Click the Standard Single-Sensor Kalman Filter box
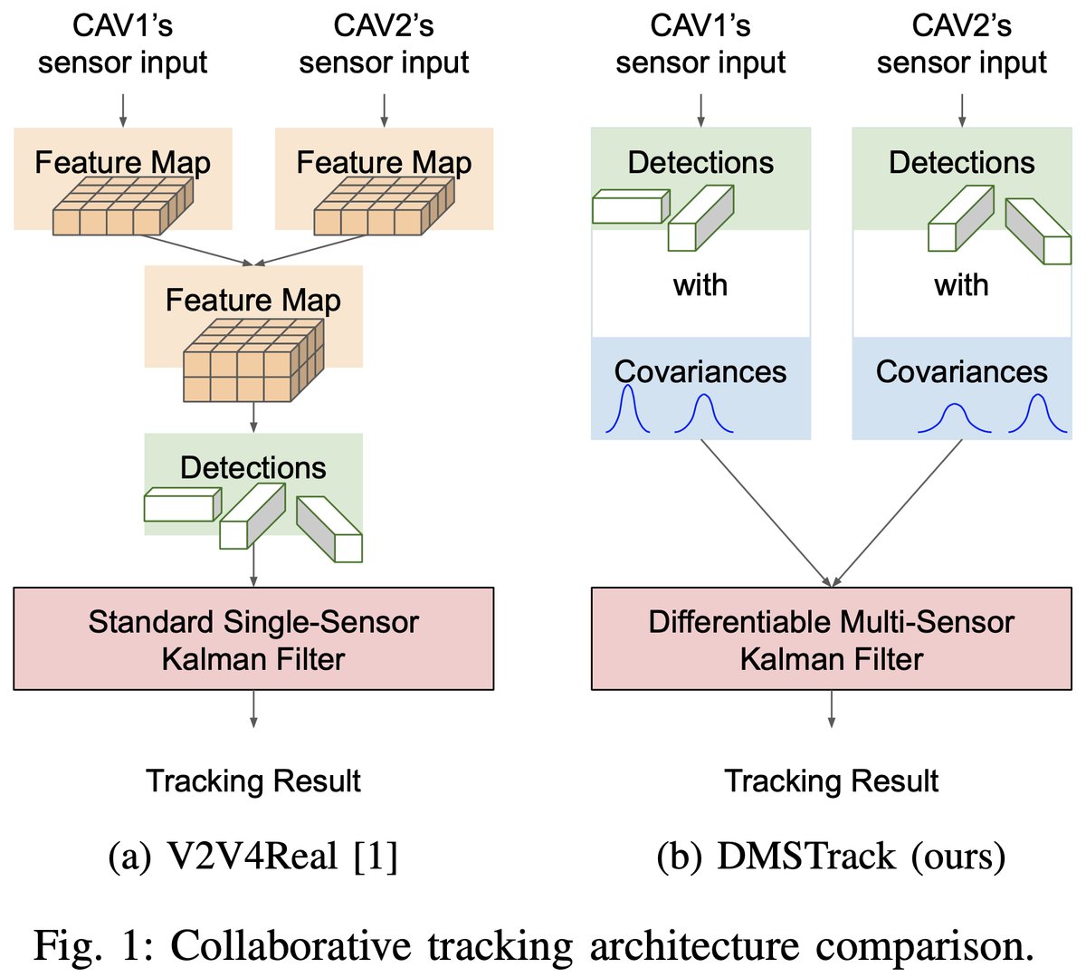pyautogui.click(x=253, y=639)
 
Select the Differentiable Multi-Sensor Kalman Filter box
pyautogui.click(x=831, y=639)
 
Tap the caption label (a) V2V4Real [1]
pyautogui.click(x=253, y=856)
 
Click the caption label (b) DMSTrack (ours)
pyautogui.click(x=831, y=856)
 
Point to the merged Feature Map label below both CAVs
pyautogui.click(x=253, y=300)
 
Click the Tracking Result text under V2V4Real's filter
pyautogui.click(x=253, y=781)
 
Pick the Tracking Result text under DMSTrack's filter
pyautogui.click(x=831, y=781)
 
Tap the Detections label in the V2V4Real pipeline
pyautogui.click(x=253, y=467)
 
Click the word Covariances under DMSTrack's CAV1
pyautogui.click(x=700, y=371)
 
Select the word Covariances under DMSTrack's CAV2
pyautogui.click(x=961, y=371)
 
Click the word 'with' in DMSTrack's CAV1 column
pyautogui.click(x=700, y=285)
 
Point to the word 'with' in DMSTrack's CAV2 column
pyautogui.click(x=961, y=285)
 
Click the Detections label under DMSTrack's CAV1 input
pyautogui.click(x=700, y=162)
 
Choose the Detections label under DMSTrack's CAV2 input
pyautogui.click(x=961, y=162)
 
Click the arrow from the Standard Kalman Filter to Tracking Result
pyautogui.click(x=253, y=708)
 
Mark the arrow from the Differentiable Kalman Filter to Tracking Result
pyautogui.click(x=831, y=708)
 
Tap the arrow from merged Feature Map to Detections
pyautogui.click(x=253, y=417)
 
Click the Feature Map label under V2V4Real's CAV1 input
pyautogui.click(x=123, y=162)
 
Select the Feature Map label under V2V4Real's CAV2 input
pyautogui.click(x=384, y=162)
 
